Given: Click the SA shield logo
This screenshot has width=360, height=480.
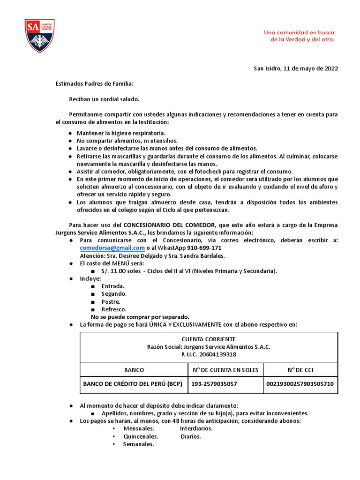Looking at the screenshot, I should click(40, 36).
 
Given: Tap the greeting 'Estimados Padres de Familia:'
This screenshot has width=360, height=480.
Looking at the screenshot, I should click(94, 84).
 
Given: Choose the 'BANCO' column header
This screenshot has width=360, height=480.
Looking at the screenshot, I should click(134, 370).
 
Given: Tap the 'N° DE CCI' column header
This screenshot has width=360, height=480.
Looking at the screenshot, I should click(300, 370).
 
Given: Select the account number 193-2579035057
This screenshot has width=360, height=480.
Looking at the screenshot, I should click(214, 384).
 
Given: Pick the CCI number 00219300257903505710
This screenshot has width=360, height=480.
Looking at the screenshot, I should click(300, 384).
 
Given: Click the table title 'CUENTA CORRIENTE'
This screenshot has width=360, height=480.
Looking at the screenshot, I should click(209, 339).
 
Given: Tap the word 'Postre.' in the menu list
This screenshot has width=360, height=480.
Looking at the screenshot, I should click(111, 301).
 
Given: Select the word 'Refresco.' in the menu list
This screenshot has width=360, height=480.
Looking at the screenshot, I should click(114, 309).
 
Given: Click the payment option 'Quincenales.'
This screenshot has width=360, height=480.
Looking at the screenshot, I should click(141, 436).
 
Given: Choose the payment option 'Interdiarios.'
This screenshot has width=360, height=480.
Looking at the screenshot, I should click(196, 428).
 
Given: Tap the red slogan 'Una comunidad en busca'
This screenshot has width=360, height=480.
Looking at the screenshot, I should click(299, 32).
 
